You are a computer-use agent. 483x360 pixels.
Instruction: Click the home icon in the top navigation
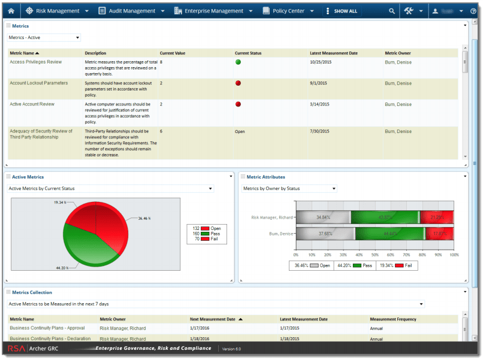pyautogui.click(x=11, y=11)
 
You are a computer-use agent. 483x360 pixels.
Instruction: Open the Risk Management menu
pyautogui.click(x=58, y=11)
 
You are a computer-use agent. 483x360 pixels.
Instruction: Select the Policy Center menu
pyautogui.click(x=289, y=11)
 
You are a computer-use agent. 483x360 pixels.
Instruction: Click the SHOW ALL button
pyautogui.click(x=342, y=11)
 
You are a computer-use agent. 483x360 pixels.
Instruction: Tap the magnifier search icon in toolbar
pyautogui.click(x=392, y=11)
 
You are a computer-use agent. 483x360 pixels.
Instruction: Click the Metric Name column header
pyautogui.click(x=25, y=53)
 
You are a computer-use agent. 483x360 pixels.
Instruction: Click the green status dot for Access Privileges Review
pyautogui.click(x=238, y=62)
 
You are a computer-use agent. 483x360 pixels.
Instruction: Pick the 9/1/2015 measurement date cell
pyautogui.click(x=319, y=83)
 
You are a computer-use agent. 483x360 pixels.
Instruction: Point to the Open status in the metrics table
pyautogui.click(x=240, y=131)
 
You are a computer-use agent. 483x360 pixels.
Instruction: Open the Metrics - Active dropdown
pyautogui.click(x=44, y=37)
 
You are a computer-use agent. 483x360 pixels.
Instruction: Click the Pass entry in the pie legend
pyautogui.click(x=215, y=234)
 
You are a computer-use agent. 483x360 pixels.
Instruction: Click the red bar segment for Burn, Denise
pyautogui.click(x=440, y=233)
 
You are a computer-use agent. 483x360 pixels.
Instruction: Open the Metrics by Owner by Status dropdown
pyautogui.click(x=289, y=189)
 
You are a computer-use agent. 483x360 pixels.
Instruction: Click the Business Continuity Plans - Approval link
pyautogui.click(x=47, y=328)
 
